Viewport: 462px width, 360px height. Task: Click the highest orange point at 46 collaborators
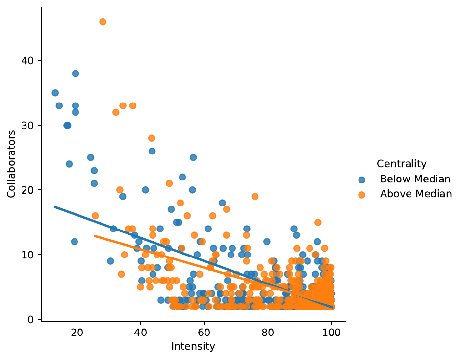(103, 22)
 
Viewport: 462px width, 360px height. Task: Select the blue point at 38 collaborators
(76, 74)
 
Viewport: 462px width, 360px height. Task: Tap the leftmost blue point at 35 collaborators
(55, 93)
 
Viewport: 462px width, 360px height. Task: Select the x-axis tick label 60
(204, 332)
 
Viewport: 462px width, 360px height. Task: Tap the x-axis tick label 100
(332, 332)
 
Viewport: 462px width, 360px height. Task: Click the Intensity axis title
(193, 346)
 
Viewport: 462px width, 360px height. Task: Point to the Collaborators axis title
(11, 164)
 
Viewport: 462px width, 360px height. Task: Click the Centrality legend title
(401, 164)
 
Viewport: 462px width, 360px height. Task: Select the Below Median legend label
(415, 179)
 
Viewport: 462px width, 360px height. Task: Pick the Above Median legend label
(415, 194)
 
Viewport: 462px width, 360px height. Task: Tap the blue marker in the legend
(362, 179)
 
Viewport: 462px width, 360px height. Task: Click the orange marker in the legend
(362, 194)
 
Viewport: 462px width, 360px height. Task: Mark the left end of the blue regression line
(55, 207)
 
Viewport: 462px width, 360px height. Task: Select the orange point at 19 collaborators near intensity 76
(255, 197)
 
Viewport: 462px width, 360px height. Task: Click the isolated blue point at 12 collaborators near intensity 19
(75, 242)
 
